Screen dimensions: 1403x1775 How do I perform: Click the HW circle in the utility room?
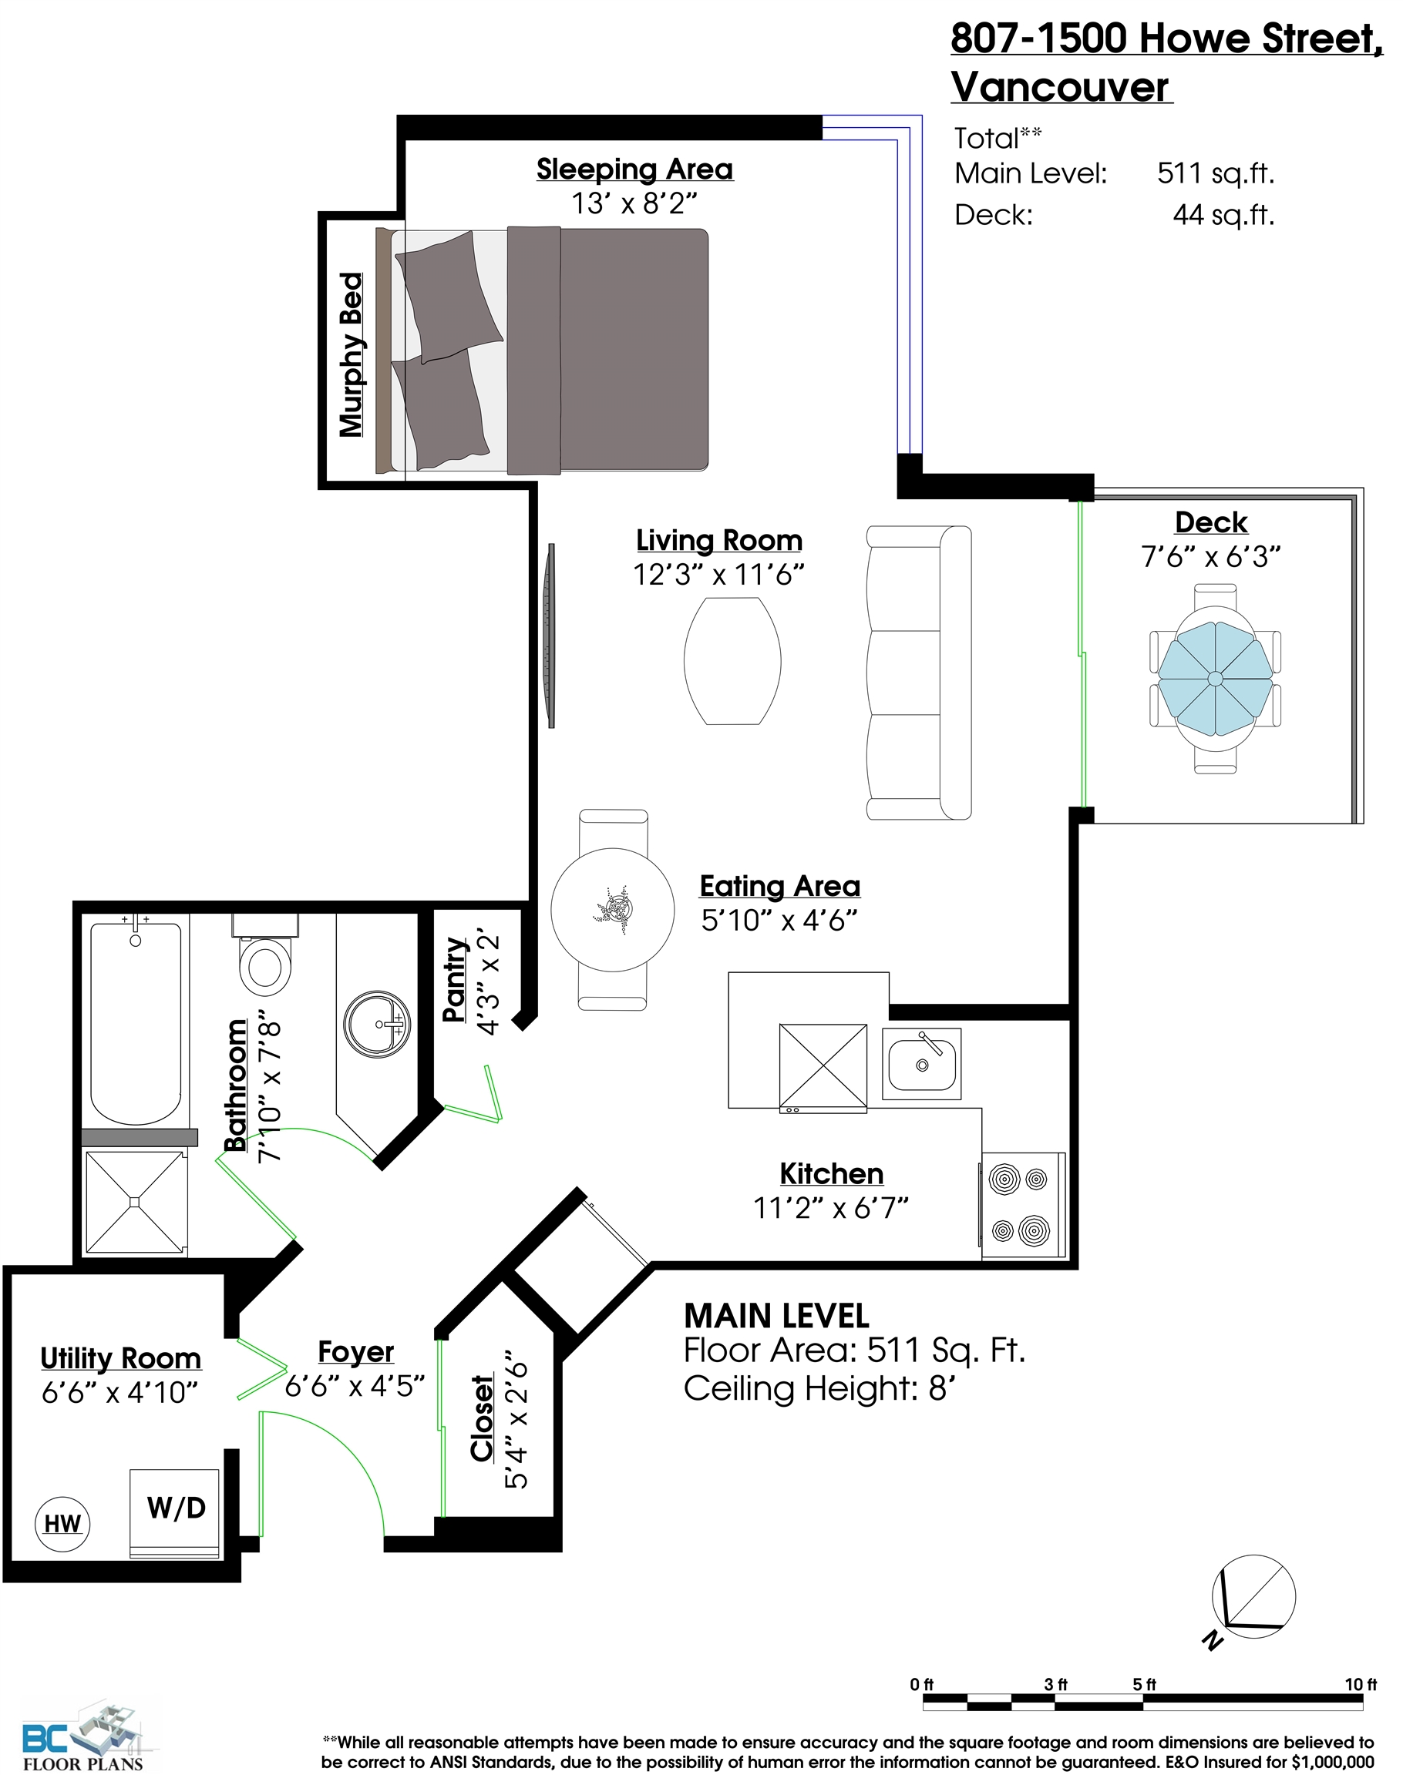[x=62, y=1524]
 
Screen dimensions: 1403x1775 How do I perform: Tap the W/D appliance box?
[x=175, y=1513]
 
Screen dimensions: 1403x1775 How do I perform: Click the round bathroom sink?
[x=376, y=1024]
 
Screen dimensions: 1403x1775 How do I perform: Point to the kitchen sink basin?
[x=922, y=1063]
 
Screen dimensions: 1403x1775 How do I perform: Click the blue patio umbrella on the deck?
[x=1215, y=678]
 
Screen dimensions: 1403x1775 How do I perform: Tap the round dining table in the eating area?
[x=613, y=910]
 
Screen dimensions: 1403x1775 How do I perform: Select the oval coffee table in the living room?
[x=732, y=661]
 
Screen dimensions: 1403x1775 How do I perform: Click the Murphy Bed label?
[x=352, y=354]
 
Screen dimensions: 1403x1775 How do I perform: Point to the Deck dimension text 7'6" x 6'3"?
[x=1211, y=557]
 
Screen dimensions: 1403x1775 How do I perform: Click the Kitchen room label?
[x=831, y=1173]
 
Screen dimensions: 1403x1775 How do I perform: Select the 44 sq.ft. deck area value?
[x=1223, y=215]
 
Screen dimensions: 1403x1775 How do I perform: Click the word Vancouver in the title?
[x=1060, y=87]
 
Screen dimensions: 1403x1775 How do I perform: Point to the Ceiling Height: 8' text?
[x=819, y=1388]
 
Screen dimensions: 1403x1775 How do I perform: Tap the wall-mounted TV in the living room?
[x=550, y=635]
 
